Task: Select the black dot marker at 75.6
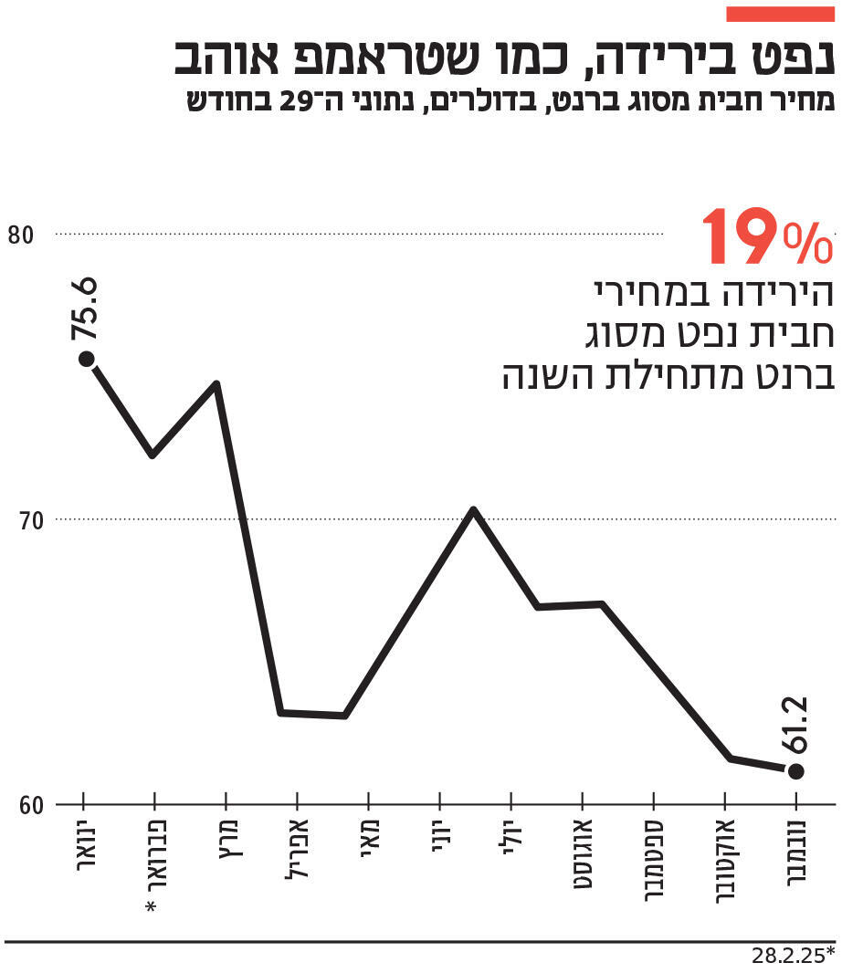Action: (86, 359)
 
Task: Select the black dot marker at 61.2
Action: (795, 771)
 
